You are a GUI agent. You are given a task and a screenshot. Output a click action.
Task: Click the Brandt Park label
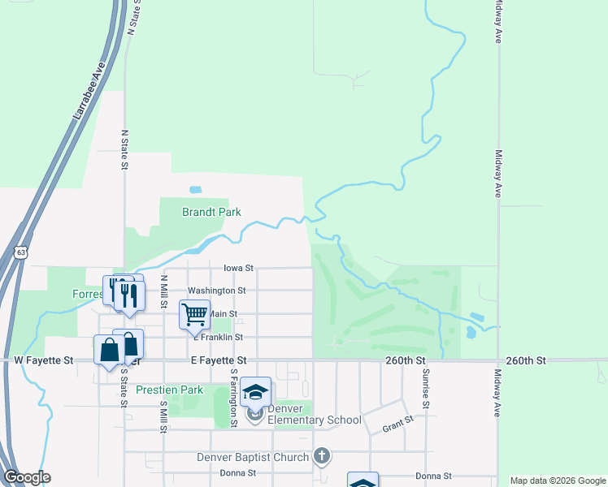211,213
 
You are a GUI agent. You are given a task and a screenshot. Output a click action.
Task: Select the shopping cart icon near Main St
194,313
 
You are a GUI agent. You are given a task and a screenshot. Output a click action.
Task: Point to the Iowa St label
239,267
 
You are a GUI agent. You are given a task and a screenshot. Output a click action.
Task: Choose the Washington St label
216,291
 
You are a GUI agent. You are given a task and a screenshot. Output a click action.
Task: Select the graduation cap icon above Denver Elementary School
255,392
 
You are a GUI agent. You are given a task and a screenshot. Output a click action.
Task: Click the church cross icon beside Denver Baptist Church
323,456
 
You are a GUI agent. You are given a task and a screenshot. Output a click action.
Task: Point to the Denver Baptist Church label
253,457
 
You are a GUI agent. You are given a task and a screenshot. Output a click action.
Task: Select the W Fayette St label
44,360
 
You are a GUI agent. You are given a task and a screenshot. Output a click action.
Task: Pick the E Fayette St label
219,360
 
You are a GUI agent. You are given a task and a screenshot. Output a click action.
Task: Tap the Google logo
27,477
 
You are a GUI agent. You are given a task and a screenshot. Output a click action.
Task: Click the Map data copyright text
557,481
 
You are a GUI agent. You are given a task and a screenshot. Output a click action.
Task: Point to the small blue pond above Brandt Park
196,190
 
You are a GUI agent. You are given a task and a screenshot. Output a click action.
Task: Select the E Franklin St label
218,337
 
